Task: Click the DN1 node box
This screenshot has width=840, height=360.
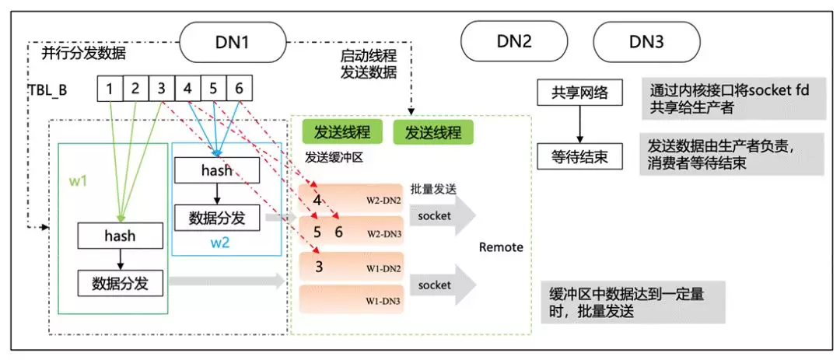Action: click(x=232, y=43)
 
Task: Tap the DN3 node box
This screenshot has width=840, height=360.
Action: click(x=646, y=43)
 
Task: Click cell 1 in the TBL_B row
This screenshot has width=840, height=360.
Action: click(x=110, y=89)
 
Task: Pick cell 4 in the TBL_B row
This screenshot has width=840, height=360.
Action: click(x=187, y=89)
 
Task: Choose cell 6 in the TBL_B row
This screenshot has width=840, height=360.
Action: click(x=239, y=89)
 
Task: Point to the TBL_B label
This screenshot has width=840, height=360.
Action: click(x=47, y=89)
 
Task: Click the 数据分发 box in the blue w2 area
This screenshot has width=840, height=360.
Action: click(x=217, y=218)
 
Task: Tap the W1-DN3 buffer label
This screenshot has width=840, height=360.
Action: click(x=383, y=300)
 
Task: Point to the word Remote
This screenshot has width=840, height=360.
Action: click(x=501, y=248)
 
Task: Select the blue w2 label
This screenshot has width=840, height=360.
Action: click(x=221, y=242)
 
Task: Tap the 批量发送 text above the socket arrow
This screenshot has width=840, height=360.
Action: click(x=433, y=189)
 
